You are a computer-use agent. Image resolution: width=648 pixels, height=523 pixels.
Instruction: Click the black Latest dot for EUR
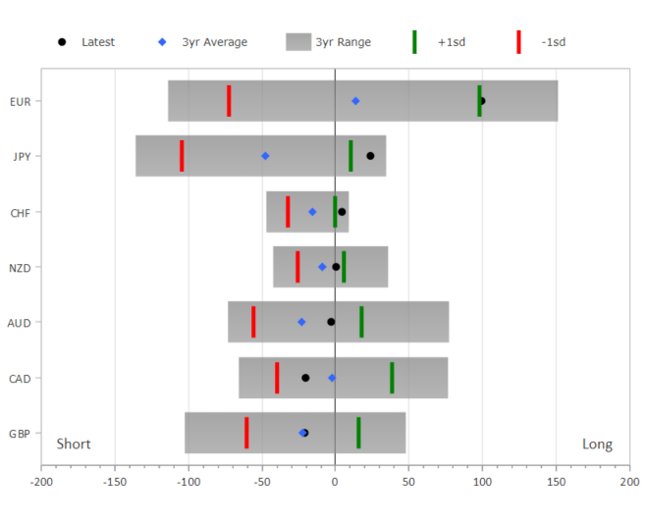coord(482,101)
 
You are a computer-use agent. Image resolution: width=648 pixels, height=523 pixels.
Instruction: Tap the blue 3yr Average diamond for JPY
coord(265,156)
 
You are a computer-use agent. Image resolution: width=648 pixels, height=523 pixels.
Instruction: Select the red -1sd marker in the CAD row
coord(277,378)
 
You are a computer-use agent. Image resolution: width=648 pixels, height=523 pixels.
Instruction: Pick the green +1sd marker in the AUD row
coord(361,322)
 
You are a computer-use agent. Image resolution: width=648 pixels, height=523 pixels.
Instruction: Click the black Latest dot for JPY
coord(370,156)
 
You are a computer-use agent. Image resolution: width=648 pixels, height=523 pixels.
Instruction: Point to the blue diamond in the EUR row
coord(355,101)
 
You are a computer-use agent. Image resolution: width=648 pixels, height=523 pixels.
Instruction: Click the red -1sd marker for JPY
coord(182,156)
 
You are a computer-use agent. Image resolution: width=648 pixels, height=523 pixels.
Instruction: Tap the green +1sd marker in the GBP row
coord(358,433)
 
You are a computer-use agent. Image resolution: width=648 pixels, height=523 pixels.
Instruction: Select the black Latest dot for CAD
coord(305,378)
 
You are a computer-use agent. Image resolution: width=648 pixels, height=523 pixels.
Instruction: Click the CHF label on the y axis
coord(21,212)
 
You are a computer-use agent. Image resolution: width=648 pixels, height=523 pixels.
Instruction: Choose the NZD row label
coord(21,267)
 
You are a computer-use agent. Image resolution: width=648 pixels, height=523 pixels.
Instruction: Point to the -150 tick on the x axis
coord(115,483)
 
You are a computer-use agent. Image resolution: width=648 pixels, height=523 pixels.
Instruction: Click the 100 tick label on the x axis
coord(482,483)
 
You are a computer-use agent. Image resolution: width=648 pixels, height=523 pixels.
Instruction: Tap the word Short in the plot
coord(74,445)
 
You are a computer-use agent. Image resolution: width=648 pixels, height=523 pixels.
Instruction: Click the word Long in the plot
coord(597,445)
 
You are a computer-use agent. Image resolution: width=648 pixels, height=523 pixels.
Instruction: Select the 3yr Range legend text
coord(344,42)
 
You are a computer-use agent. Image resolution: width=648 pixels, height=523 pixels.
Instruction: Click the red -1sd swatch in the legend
coord(518,42)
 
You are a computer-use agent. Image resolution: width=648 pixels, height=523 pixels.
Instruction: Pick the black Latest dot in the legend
coord(62,42)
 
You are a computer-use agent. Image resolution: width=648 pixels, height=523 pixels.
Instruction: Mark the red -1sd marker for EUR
coord(229,101)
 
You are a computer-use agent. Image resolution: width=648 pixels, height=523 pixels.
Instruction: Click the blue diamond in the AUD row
coord(301,322)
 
